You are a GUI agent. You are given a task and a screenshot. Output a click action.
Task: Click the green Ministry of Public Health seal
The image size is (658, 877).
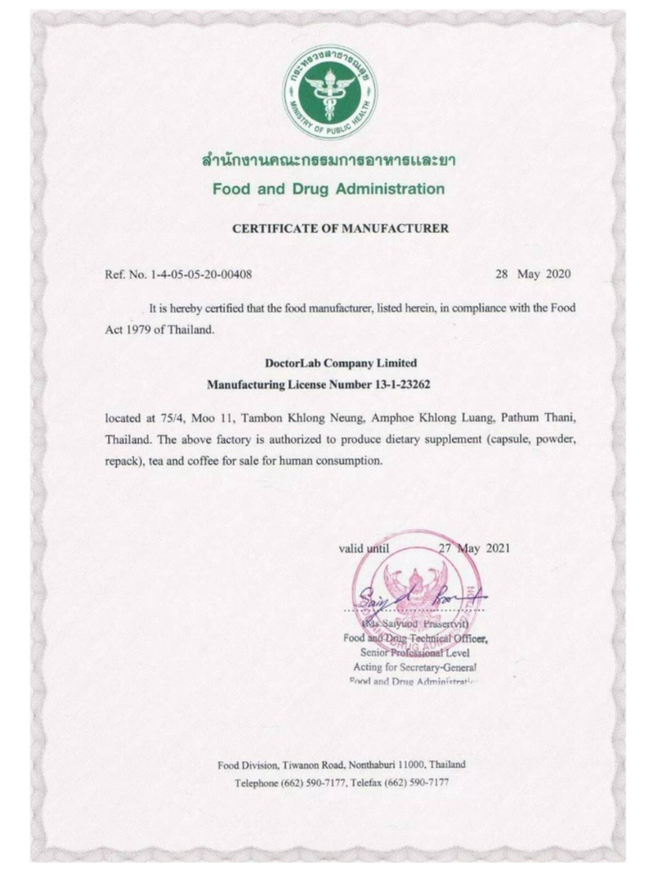point(330,92)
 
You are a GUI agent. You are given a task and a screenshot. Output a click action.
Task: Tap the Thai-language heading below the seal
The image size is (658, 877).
point(328,160)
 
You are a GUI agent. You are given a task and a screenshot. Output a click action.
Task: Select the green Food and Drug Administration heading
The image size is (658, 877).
point(328,189)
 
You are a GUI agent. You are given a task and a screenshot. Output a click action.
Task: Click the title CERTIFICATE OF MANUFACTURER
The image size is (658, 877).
point(341,228)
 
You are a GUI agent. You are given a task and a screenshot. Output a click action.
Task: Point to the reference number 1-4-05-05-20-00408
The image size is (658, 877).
point(200,274)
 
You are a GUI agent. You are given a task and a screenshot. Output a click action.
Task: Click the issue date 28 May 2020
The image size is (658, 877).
point(533,274)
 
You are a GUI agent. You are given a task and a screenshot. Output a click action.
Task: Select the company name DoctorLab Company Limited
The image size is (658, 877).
point(341,363)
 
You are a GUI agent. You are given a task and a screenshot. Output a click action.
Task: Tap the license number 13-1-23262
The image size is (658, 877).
point(402,385)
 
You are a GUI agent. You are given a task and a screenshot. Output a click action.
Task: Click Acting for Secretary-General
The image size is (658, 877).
point(414,667)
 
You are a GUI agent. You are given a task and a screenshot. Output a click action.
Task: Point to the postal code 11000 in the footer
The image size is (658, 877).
point(411,765)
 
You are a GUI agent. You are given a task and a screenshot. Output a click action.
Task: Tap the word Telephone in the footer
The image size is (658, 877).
point(256,783)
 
